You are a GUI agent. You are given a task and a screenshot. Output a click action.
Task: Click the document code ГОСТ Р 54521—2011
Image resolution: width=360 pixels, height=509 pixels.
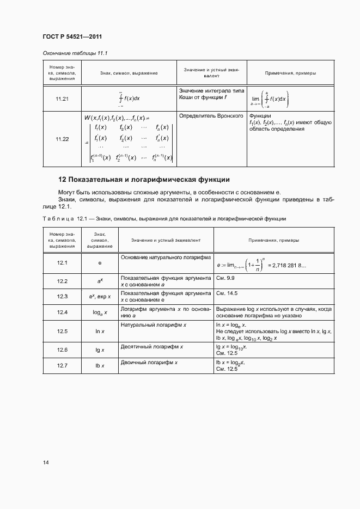pos(72,37)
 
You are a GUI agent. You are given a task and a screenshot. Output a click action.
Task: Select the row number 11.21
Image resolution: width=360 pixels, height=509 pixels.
pos(62,99)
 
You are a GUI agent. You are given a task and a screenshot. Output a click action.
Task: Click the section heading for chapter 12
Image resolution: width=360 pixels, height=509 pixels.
pos(144,179)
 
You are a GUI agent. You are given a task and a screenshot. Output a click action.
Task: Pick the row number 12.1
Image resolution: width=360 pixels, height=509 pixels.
pos(62,263)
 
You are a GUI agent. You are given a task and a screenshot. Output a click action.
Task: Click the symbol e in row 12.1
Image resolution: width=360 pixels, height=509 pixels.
pos(100,263)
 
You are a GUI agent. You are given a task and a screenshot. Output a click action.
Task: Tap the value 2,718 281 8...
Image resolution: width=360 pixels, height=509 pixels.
pos(288,266)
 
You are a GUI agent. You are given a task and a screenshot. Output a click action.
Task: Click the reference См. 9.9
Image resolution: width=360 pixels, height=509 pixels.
pos(226,281)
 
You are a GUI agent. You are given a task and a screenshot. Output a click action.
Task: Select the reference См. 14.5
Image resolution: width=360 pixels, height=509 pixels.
pos(228,297)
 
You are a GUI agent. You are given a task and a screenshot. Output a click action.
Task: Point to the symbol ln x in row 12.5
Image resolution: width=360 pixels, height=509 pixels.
pos(100,331)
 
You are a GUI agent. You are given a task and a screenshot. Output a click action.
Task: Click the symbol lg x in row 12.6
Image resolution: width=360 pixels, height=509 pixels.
pos(100,349)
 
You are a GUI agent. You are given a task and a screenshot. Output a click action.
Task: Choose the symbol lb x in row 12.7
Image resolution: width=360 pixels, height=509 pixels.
pos(100,365)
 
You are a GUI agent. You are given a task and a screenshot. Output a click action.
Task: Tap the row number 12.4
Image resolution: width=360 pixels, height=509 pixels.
pos(62,312)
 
